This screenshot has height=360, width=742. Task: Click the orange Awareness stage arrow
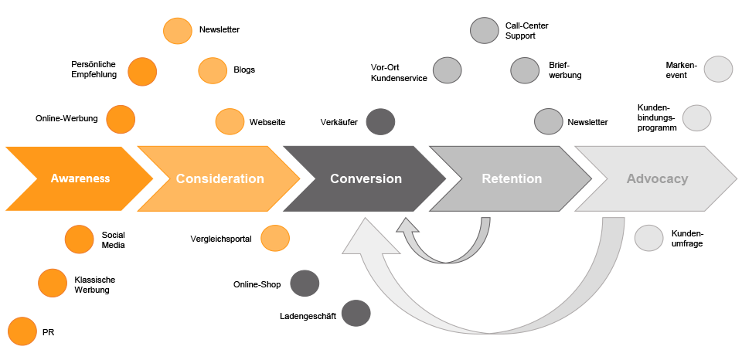coord(80,178)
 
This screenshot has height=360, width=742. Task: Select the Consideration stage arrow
coord(220,178)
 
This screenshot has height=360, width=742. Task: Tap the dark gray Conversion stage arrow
coord(366,178)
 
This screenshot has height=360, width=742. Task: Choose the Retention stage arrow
coord(511,178)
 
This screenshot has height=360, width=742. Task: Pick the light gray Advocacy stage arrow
coord(657,178)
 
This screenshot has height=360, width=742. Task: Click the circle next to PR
coord(22,331)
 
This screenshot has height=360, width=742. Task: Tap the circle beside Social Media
coord(80,239)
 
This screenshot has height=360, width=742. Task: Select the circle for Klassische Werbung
coord(53,284)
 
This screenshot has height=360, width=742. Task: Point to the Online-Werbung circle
coord(120,119)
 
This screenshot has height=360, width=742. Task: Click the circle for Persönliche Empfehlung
coord(142,71)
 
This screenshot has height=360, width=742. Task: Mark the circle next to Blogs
coord(213,70)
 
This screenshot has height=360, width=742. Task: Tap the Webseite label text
coord(267,122)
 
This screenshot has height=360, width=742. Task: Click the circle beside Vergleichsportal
coord(275,239)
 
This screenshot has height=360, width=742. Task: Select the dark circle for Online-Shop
coord(305,284)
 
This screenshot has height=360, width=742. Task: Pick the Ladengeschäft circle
coord(356,313)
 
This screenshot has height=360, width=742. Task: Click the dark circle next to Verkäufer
coord(380,121)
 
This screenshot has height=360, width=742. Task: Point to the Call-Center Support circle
coord(484,30)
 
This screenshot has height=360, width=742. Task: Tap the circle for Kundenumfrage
coord(648,238)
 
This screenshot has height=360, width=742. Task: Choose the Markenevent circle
coord(718,69)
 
